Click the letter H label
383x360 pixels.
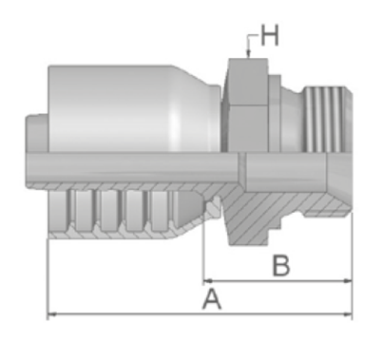[270, 35]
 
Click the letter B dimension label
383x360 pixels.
[281, 266]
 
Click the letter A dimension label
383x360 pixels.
[212, 299]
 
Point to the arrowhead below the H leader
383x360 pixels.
[248, 54]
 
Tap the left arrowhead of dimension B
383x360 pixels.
[208, 280]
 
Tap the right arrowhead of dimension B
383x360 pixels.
[348, 280]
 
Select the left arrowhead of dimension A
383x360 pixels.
[51, 314]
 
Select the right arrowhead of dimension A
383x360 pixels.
[348, 314]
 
